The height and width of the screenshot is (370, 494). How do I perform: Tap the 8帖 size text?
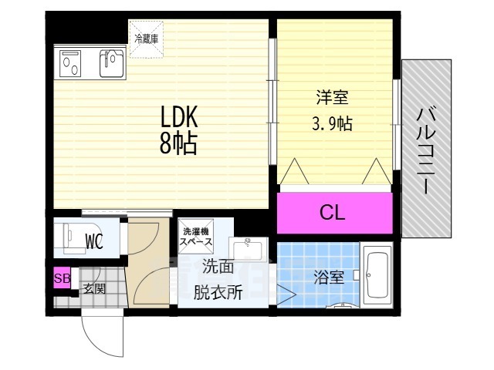point(178,143)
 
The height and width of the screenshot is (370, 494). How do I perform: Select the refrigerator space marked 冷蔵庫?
point(146,39)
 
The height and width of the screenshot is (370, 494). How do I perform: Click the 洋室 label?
point(333,99)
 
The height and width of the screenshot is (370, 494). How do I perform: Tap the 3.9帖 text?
point(333,123)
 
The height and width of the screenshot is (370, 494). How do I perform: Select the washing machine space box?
point(195,237)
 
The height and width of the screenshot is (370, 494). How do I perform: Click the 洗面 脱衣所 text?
point(218,280)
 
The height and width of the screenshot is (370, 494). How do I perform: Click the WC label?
point(94,242)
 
